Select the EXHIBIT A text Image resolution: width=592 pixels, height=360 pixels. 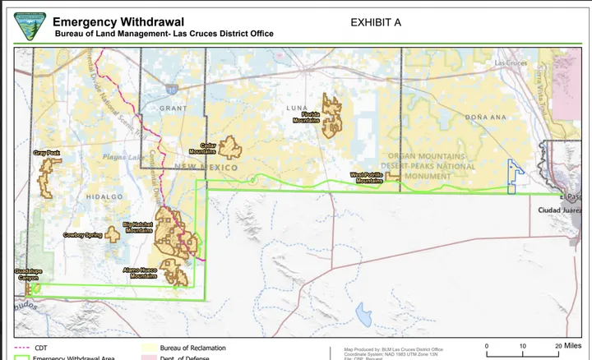(x=375, y=22)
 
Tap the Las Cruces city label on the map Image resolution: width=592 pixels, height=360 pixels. (x=512, y=63)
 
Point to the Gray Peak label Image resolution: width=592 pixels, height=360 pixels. (x=47, y=153)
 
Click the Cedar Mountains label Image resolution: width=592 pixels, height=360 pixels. (x=202, y=148)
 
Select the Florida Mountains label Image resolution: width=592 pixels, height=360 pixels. (x=306, y=118)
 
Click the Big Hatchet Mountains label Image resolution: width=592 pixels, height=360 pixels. (x=138, y=227)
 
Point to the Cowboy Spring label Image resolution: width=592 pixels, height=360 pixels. (x=82, y=235)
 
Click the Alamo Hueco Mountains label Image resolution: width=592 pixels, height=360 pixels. (x=140, y=273)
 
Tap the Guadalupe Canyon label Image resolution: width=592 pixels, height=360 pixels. (x=28, y=274)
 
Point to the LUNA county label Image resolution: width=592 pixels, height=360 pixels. (x=296, y=108)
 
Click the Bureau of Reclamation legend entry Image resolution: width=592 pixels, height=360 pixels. (x=192, y=348)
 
